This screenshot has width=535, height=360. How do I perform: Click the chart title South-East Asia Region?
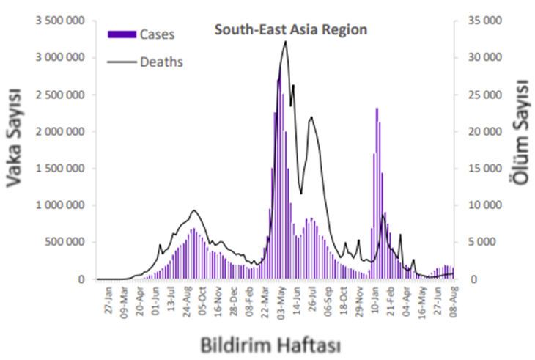click(x=290, y=30)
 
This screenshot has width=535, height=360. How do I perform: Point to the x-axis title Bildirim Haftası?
click(x=268, y=342)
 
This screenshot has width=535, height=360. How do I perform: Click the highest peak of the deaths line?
click(x=284, y=42)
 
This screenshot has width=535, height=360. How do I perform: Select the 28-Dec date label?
click(x=235, y=303)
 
